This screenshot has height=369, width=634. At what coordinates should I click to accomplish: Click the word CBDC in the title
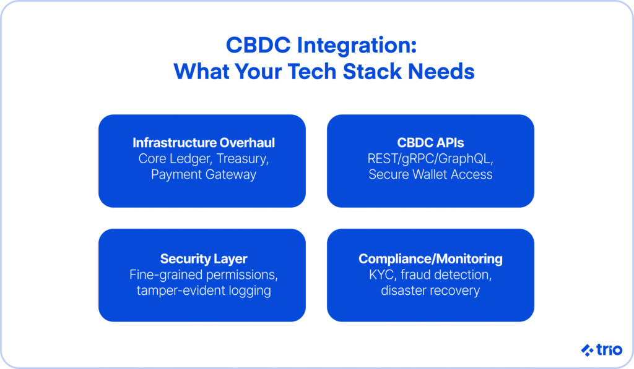click(x=258, y=45)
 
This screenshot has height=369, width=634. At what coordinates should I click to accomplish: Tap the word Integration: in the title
click(x=357, y=46)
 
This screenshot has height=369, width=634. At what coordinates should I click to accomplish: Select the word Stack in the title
click(x=372, y=72)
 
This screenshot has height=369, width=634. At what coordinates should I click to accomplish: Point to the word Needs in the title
click(x=441, y=72)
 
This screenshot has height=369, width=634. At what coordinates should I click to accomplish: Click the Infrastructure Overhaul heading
click(x=204, y=143)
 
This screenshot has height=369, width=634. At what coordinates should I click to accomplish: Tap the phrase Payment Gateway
click(x=204, y=175)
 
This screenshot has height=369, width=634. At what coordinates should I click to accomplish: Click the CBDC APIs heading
click(x=431, y=143)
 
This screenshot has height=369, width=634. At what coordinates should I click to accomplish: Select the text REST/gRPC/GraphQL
click(x=430, y=159)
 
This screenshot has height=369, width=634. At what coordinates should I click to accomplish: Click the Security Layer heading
click(x=204, y=259)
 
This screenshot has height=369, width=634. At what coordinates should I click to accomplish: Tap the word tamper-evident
click(x=181, y=291)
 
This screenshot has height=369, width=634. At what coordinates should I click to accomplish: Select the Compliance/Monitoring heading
click(x=431, y=259)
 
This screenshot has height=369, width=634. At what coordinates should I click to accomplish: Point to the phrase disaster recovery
click(x=430, y=291)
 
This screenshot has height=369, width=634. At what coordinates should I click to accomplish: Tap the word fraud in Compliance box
click(x=415, y=274)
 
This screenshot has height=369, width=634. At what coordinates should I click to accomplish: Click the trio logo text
click(x=609, y=350)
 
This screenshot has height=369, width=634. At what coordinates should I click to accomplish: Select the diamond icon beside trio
click(x=587, y=350)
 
